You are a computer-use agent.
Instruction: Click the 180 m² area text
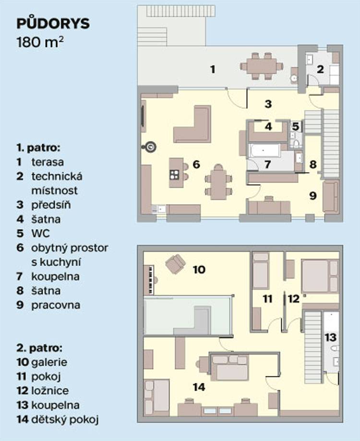40,42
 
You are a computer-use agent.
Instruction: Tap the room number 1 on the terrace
213,69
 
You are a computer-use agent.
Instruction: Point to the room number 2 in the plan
320,69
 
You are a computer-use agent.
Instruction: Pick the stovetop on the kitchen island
175,175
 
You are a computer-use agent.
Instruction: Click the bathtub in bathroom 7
264,151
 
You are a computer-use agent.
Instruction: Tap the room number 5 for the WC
295,126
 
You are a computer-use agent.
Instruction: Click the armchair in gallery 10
175,264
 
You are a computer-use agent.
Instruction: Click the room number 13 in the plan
331,337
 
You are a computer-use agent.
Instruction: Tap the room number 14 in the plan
199,387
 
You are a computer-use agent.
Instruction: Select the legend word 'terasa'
48,162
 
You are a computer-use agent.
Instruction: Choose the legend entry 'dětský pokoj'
65,420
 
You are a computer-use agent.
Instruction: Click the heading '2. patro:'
39,348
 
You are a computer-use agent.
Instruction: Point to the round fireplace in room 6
151,147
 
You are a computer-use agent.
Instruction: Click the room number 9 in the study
313,196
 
